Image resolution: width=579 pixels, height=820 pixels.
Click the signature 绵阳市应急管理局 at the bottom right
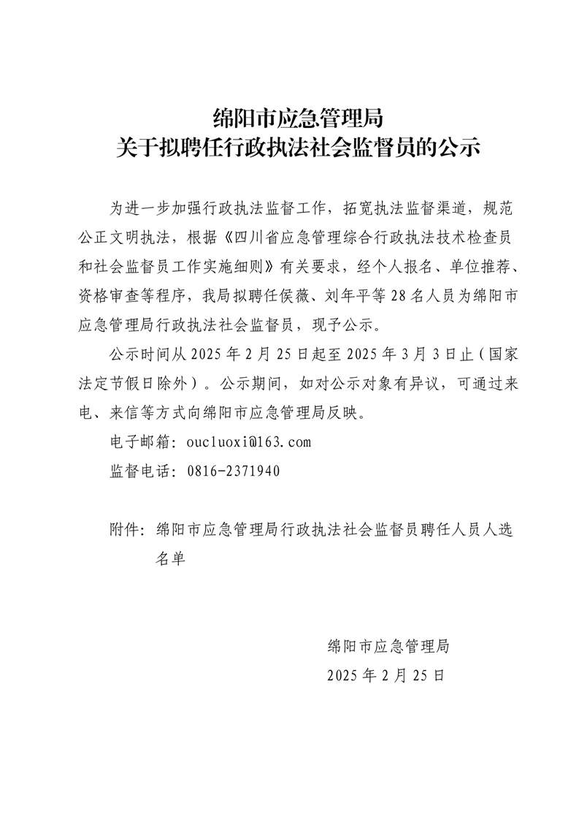[x=387, y=646]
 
